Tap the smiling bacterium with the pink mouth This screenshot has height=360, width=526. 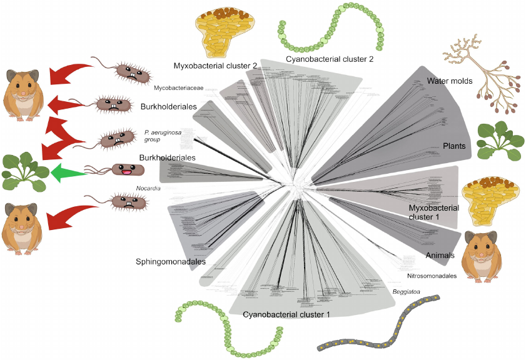coord(126,169)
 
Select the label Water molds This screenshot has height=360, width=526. coord(450,81)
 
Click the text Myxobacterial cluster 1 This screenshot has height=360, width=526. coord(433,212)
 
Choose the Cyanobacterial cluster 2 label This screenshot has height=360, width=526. coord(330,59)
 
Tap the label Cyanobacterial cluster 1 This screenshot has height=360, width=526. coord(286,314)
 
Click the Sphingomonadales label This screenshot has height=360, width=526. coord(171,262)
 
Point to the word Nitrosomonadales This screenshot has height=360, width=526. coord(432,276)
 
